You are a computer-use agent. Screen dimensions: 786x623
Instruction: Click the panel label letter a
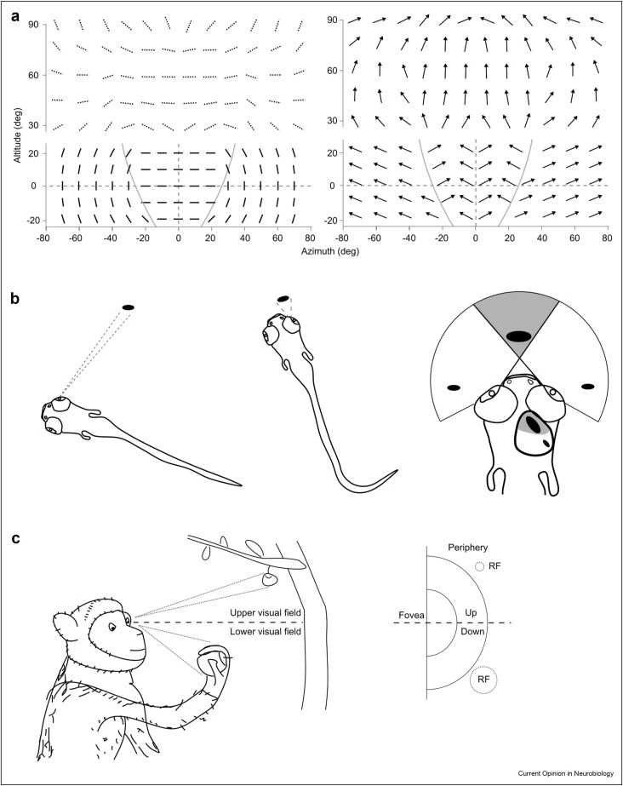pos(14,14)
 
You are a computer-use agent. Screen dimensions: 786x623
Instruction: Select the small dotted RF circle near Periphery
pos(480,566)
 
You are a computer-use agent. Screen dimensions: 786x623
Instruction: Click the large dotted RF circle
pos(483,680)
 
